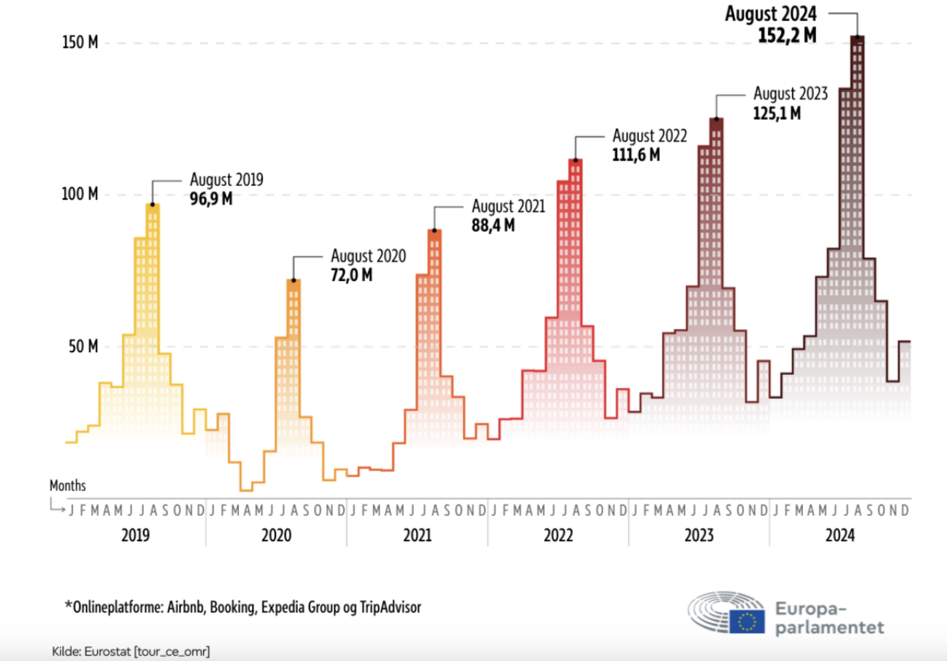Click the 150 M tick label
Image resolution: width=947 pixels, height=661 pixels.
click(80, 42)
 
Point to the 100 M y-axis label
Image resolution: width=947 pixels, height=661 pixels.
click(80, 194)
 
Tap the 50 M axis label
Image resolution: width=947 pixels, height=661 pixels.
click(83, 347)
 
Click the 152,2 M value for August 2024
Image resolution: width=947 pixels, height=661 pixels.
click(787, 35)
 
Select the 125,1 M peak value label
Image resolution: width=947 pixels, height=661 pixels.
click(777, 113)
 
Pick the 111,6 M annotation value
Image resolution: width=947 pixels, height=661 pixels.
click(636, 155)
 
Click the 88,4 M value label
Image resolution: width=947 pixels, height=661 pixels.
click(493, 225)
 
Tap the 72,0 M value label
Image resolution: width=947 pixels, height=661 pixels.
click(351, 275)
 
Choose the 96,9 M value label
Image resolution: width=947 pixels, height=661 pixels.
click(211, 198)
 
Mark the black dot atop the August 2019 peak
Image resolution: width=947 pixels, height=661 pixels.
click(153, 205)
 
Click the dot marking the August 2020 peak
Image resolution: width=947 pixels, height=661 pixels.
click(293, 280)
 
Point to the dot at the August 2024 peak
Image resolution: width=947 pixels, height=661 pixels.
click(857, 37)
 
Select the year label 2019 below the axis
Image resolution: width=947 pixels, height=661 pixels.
click(136, 535)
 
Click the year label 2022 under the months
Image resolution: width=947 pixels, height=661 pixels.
click(558, 535)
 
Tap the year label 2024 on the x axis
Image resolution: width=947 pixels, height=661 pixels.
click(840, 535)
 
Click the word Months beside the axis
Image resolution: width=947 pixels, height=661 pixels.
click(68, 486)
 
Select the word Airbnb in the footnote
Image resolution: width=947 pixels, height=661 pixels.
click(185, 607)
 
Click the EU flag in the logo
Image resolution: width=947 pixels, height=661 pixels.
click(747, 622)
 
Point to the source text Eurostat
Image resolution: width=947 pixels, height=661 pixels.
click(107, 651)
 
